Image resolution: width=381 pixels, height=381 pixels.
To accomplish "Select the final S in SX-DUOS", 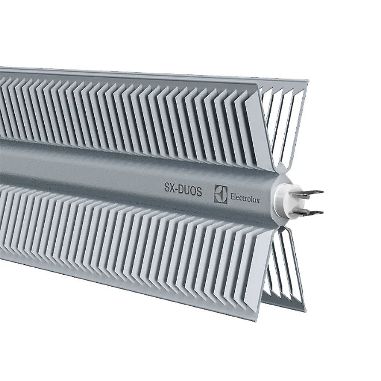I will pyautogui.click(x=200, y=192).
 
